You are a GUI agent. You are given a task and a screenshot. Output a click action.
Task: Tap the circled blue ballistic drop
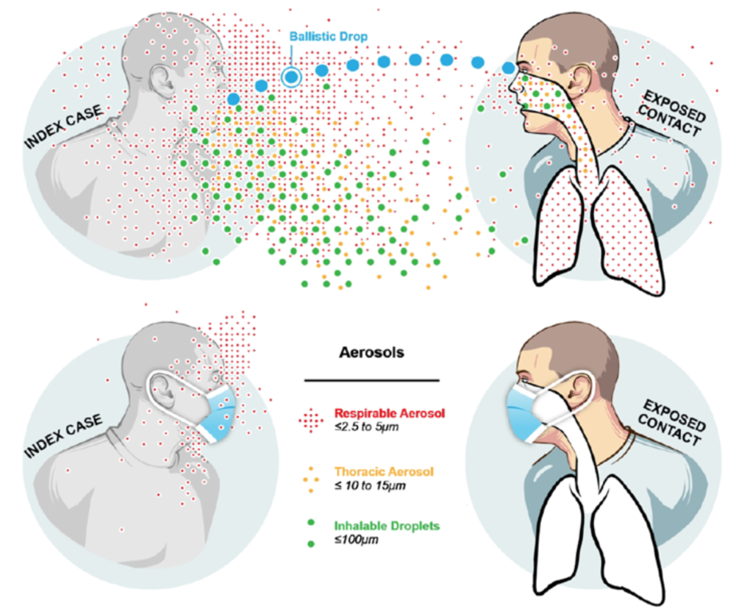[292, 76]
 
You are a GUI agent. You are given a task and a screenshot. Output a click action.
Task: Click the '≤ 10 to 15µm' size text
[368, 485]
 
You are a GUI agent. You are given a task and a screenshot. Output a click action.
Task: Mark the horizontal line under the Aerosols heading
[371, 381]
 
